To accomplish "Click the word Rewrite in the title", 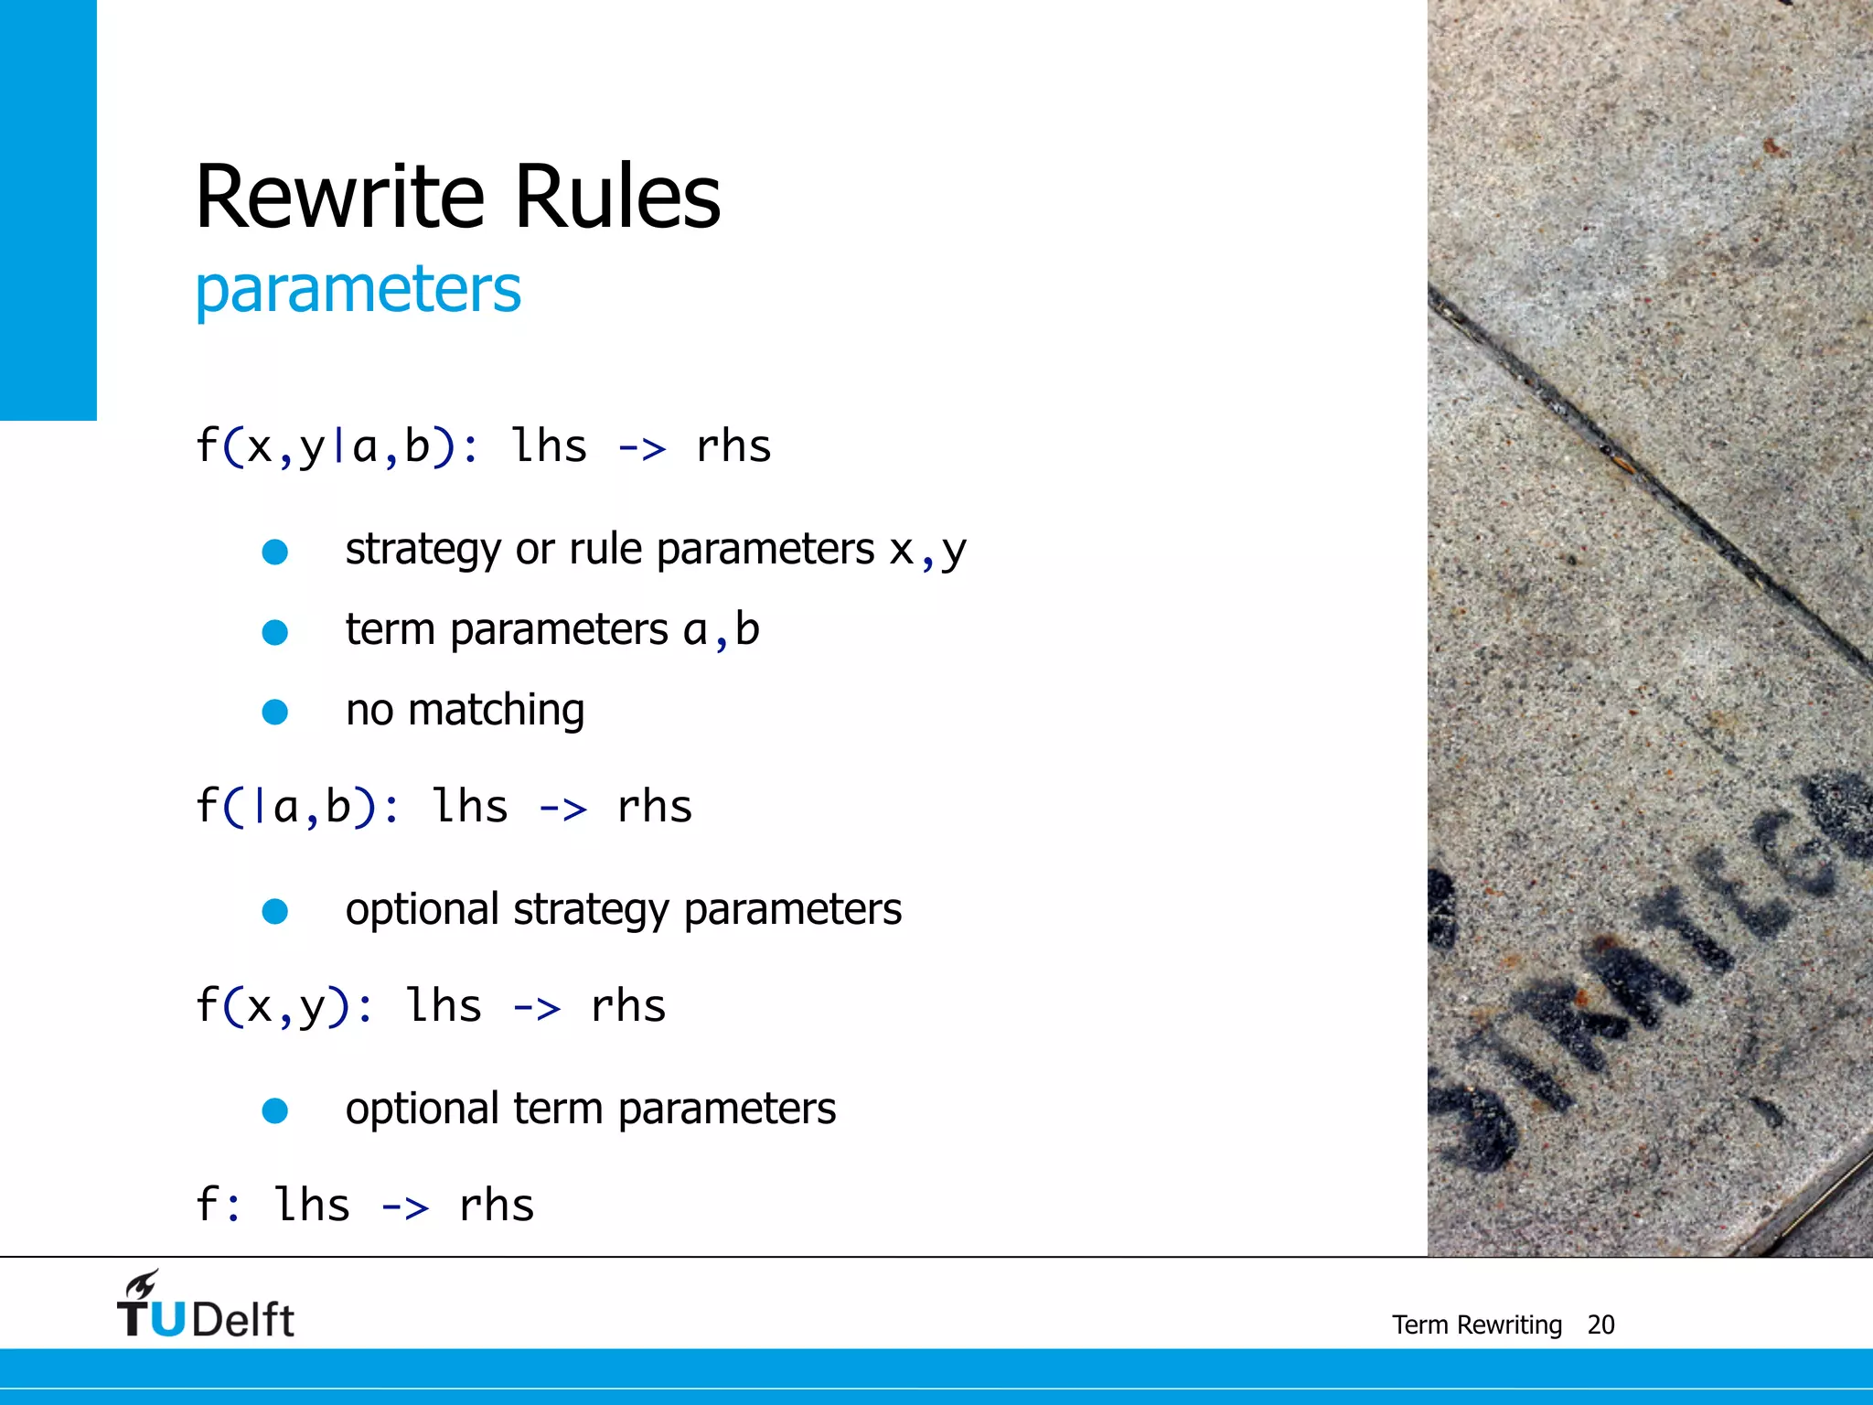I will point(340,197).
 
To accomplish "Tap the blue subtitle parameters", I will point(358,290).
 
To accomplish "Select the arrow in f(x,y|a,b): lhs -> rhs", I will point(642,448).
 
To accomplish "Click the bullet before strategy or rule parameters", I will point(275,552).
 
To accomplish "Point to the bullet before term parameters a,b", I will point(275,632).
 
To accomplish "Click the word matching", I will point(496,711).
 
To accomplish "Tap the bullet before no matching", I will point(275,712).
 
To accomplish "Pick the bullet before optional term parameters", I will point(275,1110).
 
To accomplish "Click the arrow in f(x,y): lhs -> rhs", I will point(536,1008).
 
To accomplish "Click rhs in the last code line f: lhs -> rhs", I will point(497,1207).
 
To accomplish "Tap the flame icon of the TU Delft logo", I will point(143,1284).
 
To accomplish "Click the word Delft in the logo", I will point(243,1320).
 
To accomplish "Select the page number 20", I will point(1600,1325).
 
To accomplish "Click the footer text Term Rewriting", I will point(1476,1325).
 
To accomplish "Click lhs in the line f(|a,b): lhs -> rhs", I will point(470,808).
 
